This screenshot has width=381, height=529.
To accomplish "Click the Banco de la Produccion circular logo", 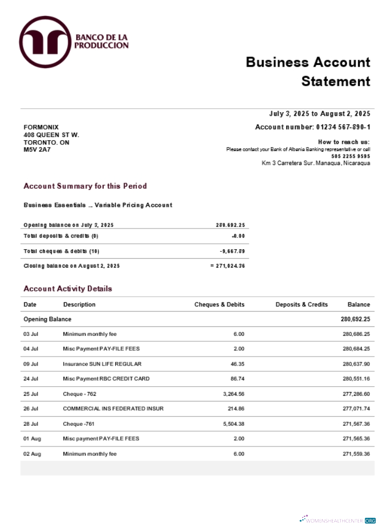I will pos(45,42).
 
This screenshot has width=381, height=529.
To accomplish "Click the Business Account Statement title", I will pos(308,71).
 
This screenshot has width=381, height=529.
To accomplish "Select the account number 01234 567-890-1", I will pos(343,127).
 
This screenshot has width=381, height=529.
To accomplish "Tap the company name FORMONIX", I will pos(41,127).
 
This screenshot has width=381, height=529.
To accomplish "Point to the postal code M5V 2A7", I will pos(37,150).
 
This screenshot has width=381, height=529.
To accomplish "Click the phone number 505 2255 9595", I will pos(351,156).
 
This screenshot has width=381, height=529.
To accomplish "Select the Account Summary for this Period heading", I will pos(85,186).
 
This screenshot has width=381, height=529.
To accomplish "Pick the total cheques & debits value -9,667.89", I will pos(232,251).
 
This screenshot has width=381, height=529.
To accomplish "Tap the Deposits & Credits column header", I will pos(302,305).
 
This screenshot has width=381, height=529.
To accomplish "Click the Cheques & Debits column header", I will pos(219,305).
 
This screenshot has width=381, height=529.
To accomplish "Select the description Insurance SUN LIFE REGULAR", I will pos(102,364).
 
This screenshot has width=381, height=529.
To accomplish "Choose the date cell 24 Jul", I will pos(31,379).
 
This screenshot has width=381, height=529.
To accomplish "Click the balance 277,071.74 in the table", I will pos(356,409).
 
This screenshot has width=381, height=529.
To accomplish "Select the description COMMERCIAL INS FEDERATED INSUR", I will pos(113,409).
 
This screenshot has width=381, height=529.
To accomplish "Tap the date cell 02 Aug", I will pos(32,454).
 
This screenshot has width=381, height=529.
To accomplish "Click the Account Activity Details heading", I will pos(68,289).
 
